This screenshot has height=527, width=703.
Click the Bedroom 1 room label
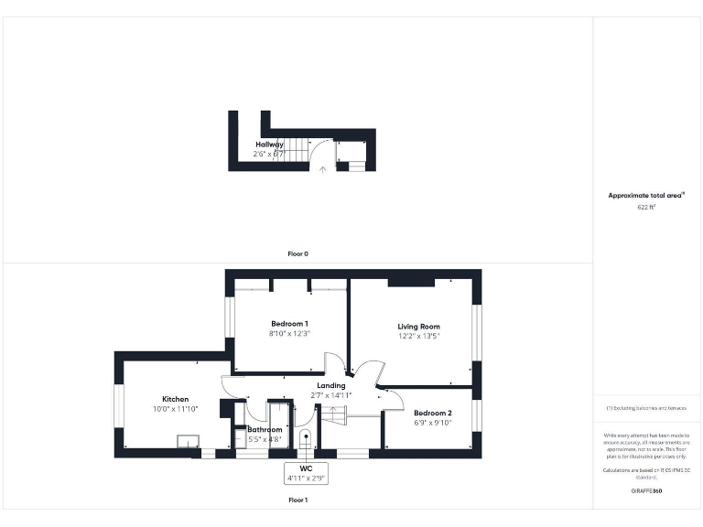289,323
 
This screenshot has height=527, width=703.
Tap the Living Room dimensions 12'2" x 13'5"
418,337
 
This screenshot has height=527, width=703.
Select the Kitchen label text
175,400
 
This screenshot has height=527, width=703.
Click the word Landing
330,385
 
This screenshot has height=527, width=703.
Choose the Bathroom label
265,429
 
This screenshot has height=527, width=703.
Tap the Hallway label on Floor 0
269,145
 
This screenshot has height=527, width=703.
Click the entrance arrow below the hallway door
322,168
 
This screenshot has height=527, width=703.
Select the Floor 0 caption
298,253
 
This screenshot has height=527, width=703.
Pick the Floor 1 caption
298,500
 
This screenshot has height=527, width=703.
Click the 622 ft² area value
647,208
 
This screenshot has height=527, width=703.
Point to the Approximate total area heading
646,196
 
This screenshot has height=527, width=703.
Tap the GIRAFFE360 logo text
647,491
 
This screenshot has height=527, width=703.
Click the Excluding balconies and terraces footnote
647,407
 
